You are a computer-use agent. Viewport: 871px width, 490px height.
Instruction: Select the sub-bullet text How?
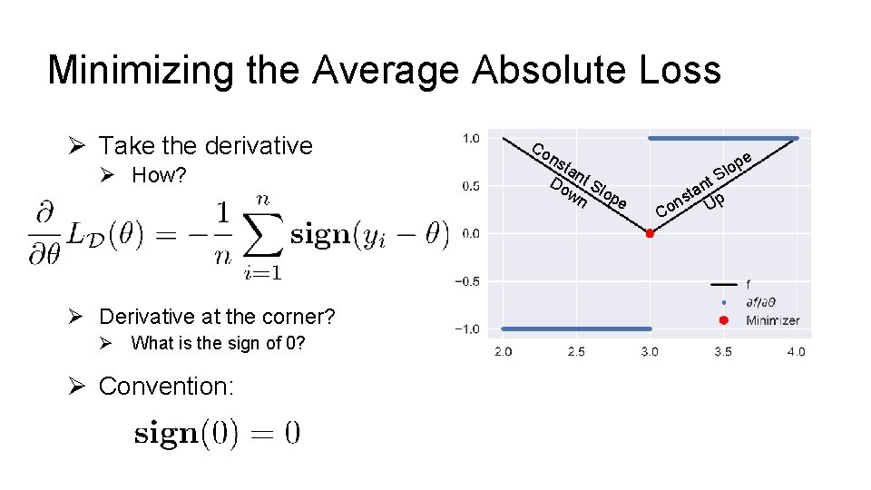159,176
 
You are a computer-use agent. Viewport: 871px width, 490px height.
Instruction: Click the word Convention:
166,387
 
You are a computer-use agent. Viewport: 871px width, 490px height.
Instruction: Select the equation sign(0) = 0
217,433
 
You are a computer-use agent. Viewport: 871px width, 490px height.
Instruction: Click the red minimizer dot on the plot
650,234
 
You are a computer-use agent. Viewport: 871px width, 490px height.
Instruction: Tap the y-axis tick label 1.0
471,139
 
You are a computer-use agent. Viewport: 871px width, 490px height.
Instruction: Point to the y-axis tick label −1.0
467,328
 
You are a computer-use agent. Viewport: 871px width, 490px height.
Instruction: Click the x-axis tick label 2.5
576,351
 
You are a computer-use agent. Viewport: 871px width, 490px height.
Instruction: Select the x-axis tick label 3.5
723,351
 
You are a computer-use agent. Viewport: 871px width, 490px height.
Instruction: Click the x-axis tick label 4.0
796,351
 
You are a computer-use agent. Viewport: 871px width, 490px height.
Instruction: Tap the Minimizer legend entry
772,320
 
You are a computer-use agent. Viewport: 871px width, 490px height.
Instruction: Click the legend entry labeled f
748,284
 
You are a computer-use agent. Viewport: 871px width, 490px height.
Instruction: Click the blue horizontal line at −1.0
576,328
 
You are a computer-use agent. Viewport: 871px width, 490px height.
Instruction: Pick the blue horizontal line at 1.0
723,139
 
